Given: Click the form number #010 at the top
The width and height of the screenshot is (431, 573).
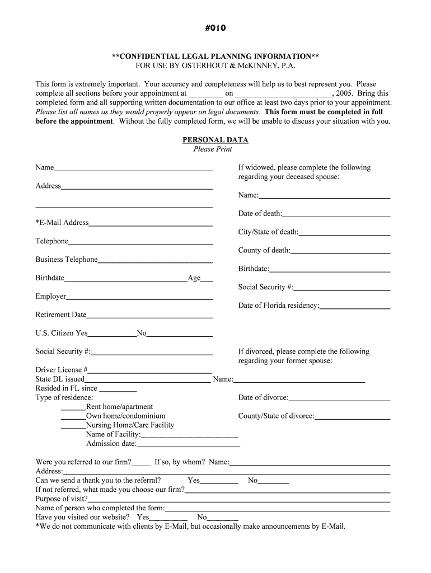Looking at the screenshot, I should pos(215,28).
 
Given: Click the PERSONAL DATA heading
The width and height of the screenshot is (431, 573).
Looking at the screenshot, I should pos(215,140).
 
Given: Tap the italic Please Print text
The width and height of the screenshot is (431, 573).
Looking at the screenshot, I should pos(213,149).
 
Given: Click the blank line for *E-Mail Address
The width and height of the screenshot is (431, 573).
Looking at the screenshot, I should pos(151,224).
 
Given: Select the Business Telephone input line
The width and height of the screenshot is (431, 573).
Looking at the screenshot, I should pos(155,261).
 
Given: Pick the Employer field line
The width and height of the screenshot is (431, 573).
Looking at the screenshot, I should pos(139,298).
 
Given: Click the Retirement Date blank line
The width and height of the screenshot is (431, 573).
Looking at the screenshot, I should pos(149,317).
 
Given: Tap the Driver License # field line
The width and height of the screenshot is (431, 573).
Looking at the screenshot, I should pos(150,372).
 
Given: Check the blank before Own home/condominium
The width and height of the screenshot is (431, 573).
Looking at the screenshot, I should pos(73,418).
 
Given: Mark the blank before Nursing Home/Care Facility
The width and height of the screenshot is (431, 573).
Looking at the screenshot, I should pos(73,427).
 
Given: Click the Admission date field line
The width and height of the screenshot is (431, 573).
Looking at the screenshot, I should pos(188,446).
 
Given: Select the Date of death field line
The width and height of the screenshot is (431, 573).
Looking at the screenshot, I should pos(336,215).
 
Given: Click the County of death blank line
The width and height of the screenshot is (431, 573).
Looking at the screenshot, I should pos(340,252).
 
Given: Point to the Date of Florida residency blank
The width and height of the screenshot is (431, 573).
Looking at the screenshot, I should pos(355,308).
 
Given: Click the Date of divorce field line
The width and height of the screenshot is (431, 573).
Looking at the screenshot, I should pos(339,400).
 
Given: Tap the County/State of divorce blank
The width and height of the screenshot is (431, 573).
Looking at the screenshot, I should pos(352,418).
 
